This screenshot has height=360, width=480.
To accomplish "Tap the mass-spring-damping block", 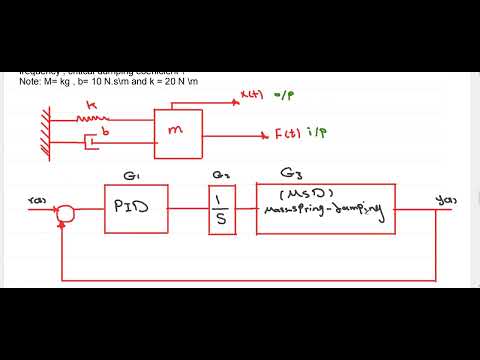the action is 326,208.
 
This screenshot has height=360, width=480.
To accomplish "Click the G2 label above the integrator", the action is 221,176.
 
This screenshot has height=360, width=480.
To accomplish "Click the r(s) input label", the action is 38,201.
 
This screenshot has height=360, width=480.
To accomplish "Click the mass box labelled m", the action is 177,130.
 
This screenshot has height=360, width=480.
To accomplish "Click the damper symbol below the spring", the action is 93,142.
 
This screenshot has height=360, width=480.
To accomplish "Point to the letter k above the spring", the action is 91,103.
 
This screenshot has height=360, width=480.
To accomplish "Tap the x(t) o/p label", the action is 263,99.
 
